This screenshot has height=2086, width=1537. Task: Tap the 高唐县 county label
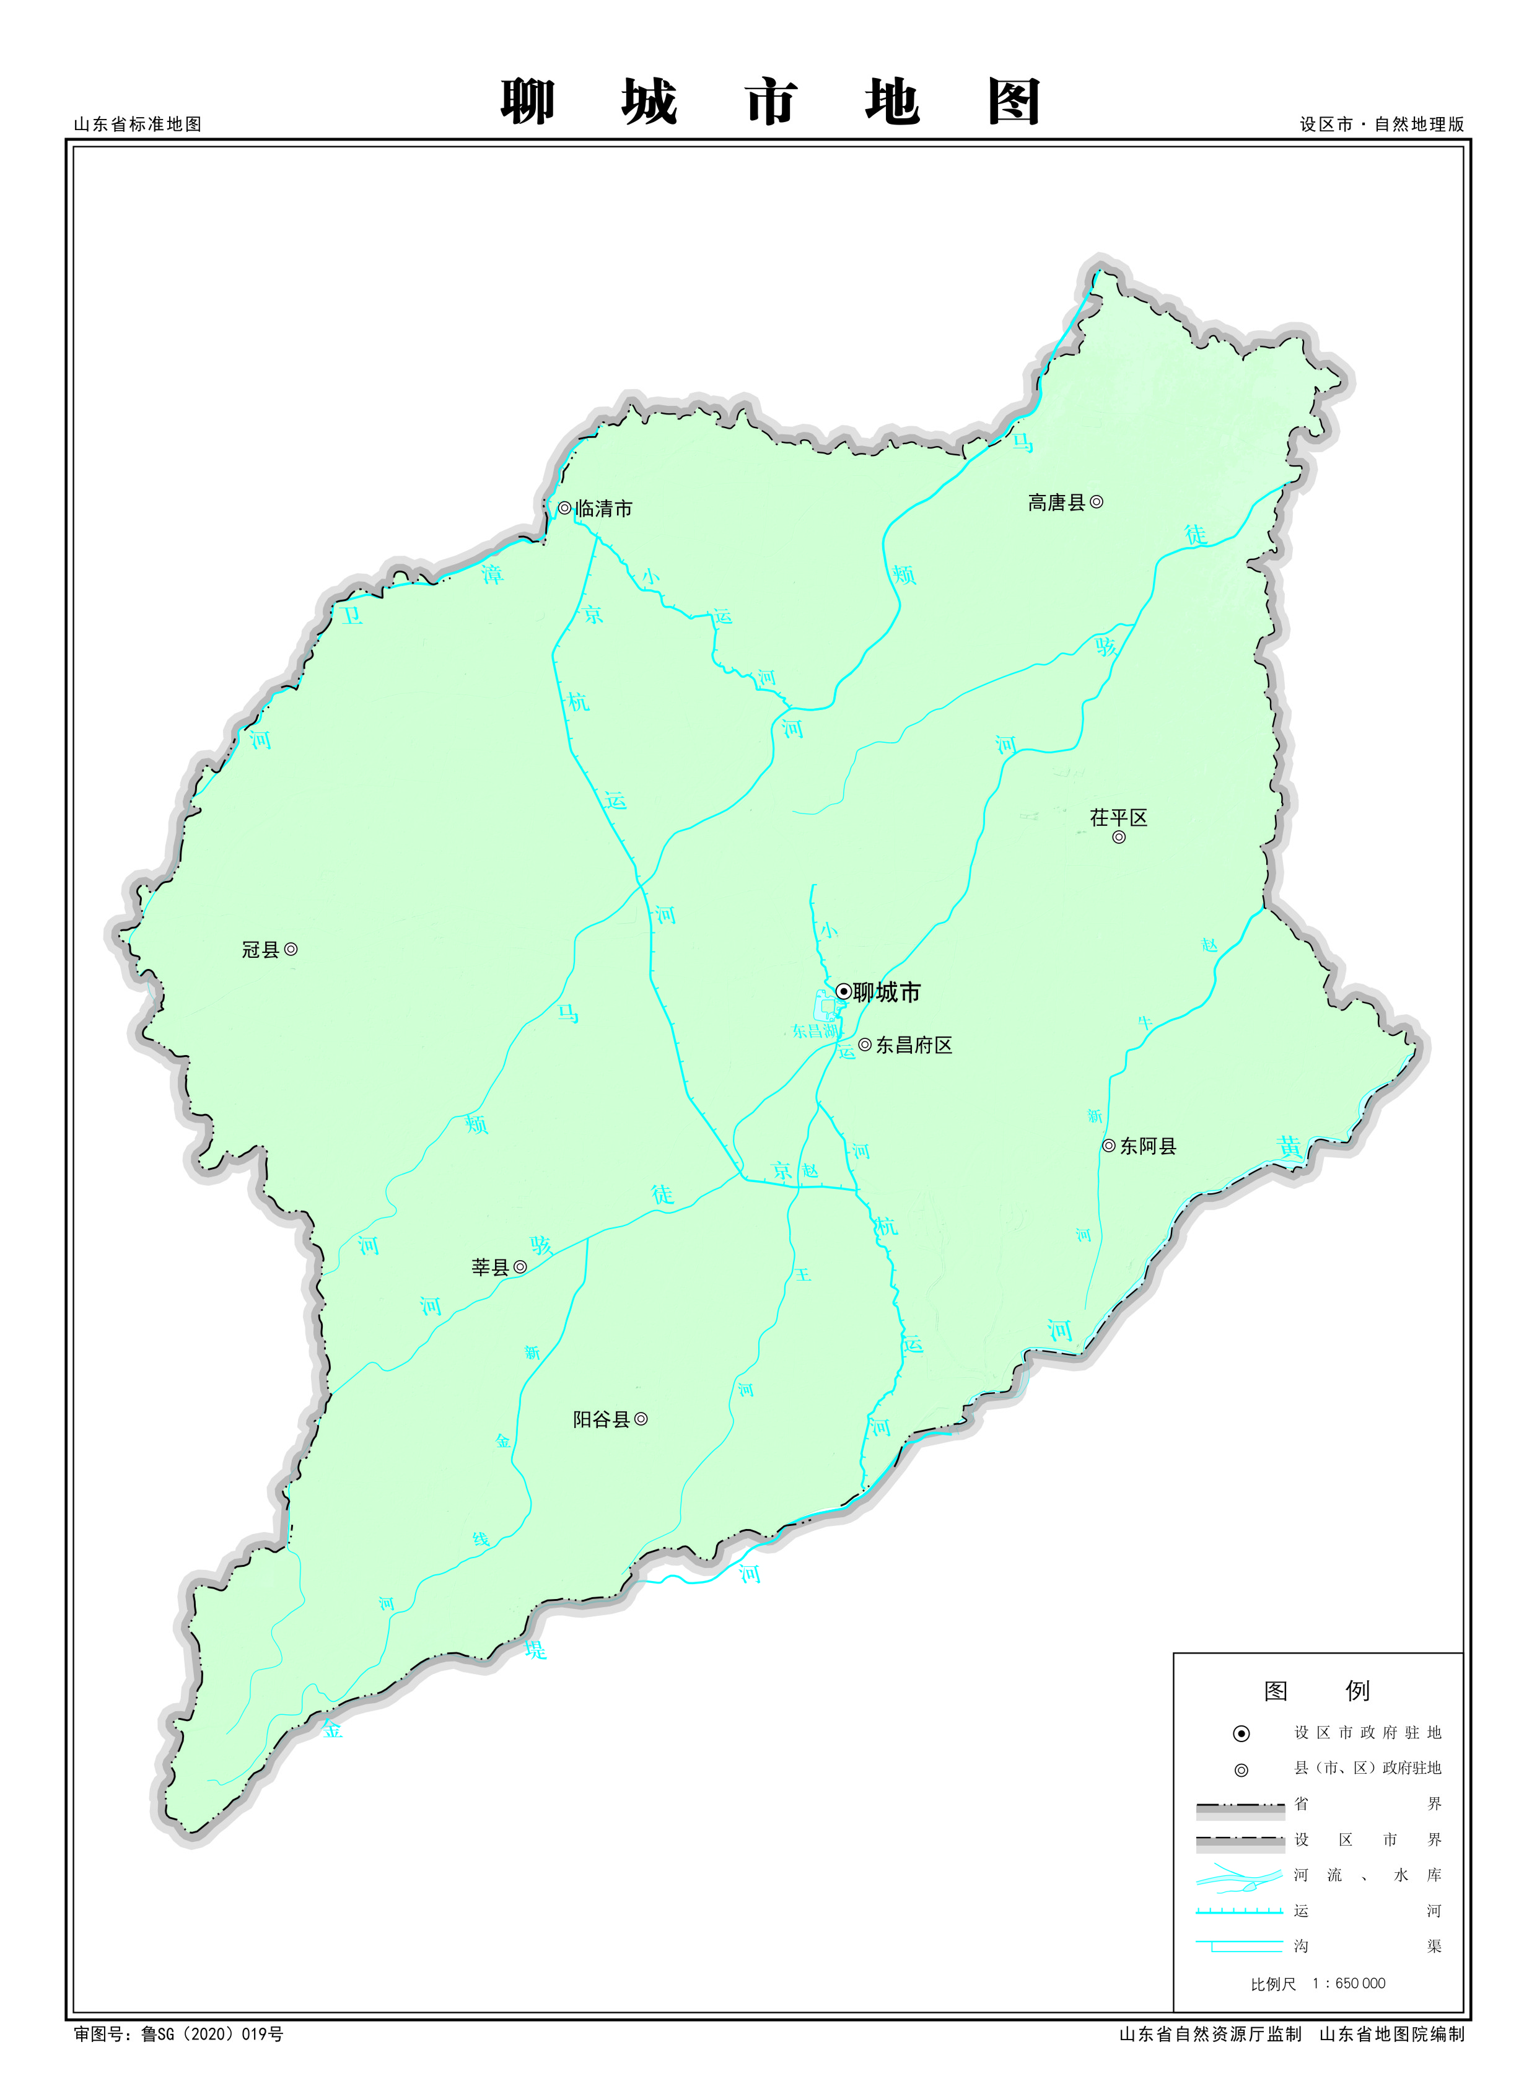(1056, 503)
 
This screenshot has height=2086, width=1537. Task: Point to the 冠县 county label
(261, 950)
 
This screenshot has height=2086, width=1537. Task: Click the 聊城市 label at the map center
(887, 993)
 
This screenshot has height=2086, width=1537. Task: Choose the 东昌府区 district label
(914, 1046)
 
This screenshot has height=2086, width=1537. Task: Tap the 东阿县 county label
(1147, 1146)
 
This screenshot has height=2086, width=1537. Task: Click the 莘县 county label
(490, 1267)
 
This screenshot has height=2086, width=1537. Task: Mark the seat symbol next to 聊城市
(843, 992)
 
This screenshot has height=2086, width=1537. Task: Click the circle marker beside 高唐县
(1097, 502)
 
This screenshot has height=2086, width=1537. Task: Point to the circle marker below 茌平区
(1119, 838)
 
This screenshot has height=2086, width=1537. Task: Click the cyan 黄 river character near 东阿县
(1290, 1147)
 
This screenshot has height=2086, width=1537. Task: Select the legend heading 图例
(1316, 1691)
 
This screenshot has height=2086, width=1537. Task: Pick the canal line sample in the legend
(1239, 1911)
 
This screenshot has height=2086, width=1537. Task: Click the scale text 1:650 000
(1348, 1984)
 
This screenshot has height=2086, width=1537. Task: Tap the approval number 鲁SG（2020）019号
(211, 2034)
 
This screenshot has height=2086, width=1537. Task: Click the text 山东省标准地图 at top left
(138, 125)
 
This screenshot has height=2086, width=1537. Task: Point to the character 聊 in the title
(528, 102)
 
